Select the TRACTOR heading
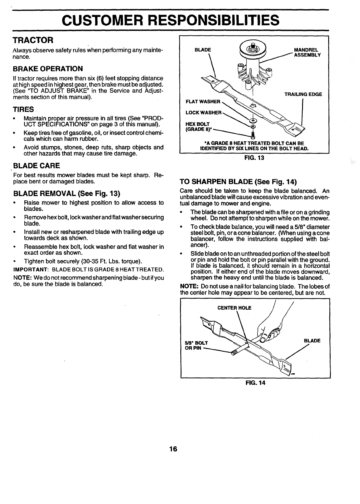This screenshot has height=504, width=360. [x=33, y=39]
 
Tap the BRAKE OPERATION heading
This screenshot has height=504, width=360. [x=48, y=69]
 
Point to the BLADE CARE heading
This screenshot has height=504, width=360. [x=37, y=165]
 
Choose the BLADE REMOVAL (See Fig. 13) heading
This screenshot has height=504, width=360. [x=67, y=194]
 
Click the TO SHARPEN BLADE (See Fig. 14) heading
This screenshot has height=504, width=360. [x=239, y=182]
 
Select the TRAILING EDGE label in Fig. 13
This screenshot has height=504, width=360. [x=303, y=94]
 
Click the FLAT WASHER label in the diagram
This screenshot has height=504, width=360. [x=203, y=102]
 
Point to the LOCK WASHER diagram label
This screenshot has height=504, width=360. [x=203, y=113]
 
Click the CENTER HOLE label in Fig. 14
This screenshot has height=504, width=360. [x=234, y=308]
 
